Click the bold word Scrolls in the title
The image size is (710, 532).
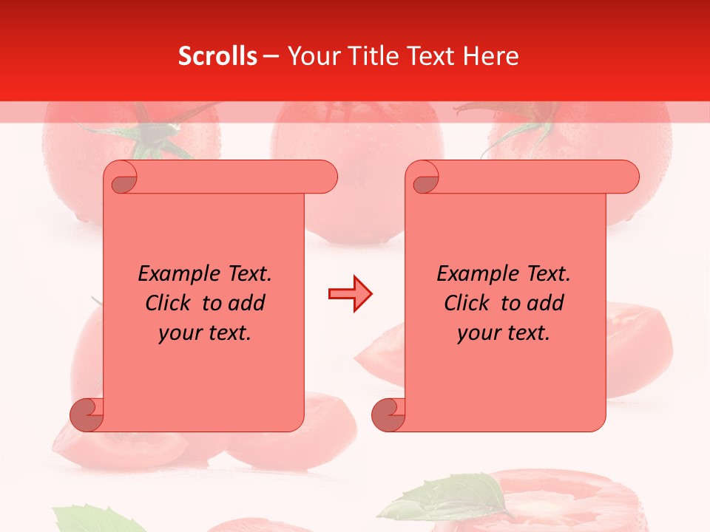tap(217, 56)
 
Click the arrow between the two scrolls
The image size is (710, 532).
tap(350, 294)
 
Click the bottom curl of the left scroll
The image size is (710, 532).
tap(87, 415)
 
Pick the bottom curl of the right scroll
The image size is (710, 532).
tap(389, 415)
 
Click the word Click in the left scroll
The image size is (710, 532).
tap(170, 303)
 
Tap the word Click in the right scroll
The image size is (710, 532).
tap(469, 303)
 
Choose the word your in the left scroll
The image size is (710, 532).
tap(178, 333)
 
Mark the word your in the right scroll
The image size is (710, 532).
tap(477, 333)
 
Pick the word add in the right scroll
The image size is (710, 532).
tap(548, 303)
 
